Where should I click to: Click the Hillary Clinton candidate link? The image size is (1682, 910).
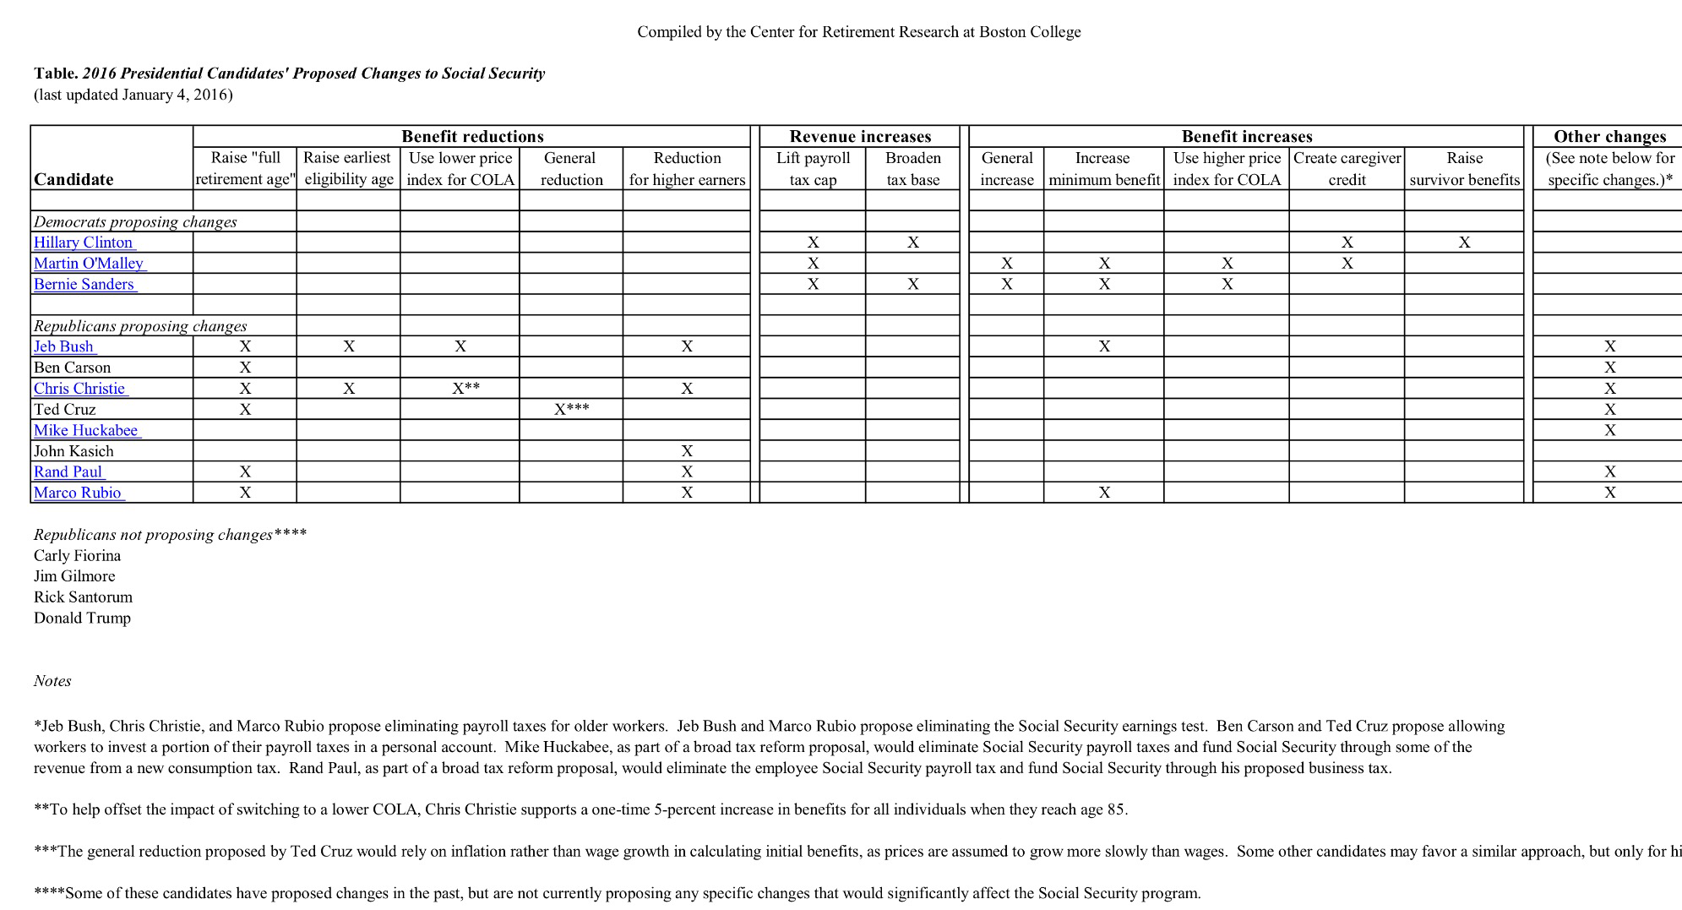[84, 242]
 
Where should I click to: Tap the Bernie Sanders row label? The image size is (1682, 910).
[84, 284]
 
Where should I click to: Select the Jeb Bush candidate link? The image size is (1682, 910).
[64, 346]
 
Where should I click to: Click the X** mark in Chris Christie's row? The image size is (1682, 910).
[465, 388]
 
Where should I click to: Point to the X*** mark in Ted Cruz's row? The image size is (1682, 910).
[571, 409]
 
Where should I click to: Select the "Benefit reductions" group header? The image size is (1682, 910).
[472, 137]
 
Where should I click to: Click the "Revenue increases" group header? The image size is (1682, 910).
[860, 137]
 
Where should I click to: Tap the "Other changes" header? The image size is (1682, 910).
[1609, 137]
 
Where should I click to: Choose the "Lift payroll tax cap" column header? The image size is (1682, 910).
[813, 168]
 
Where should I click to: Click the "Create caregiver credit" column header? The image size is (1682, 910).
[1347, 168]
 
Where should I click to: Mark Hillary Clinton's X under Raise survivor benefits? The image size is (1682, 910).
[1464, 242]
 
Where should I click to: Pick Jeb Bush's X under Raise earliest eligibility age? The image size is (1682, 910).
[349, 346]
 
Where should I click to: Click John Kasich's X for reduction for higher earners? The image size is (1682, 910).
[687, 451]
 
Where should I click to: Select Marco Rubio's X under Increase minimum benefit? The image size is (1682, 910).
[1104, 493]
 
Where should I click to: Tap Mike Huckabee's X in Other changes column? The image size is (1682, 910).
[1609, 430]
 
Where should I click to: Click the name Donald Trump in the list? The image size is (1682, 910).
[82, 618]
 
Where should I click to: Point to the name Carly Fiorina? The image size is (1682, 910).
[77, 555]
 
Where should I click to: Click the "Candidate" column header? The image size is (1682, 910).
[73, 179]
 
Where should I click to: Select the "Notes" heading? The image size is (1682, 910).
[52, 681]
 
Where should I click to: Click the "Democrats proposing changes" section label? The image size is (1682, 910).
[135, 222]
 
